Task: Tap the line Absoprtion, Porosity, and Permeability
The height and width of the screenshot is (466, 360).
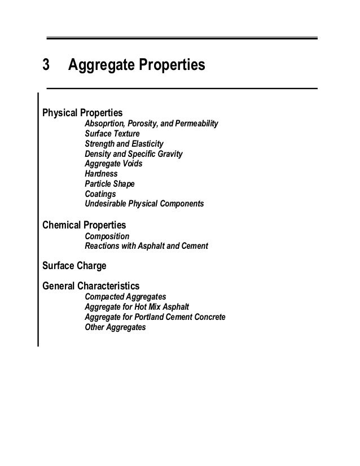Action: tap(151, 124)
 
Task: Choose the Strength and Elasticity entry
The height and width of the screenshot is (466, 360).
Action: tap(124, 144)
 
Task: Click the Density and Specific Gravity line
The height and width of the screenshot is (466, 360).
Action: tap(133, 154)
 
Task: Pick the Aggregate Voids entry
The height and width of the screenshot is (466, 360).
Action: tap(113, 164)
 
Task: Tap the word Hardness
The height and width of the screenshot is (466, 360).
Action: tap(102, 174)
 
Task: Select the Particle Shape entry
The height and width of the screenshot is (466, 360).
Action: tap(109, 184)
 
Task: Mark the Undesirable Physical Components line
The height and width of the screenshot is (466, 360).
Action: tap(144, 203)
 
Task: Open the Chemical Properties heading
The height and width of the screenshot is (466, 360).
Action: tap(84, 225)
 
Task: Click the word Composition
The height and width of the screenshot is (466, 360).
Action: tap(107, 236)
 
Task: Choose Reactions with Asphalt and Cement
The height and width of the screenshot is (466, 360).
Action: tap(146, 246)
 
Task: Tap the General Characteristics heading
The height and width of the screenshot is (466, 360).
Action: tap(91, 285)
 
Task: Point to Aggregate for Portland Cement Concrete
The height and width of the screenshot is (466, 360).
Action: tap(155, 317)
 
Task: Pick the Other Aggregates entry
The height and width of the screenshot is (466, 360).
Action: tap(115, 327)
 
